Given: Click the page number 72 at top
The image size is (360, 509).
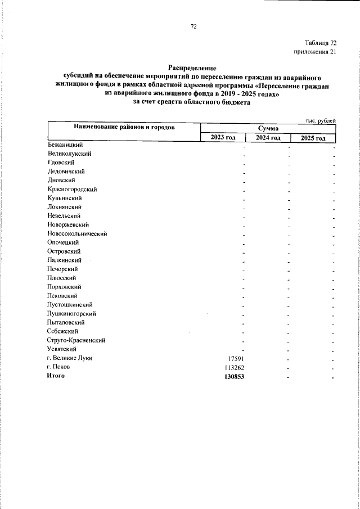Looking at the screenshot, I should (x=193, y=26).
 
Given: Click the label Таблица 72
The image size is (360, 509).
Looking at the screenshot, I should (x=321, y=43).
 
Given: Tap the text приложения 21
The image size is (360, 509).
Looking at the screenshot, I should (x=315, y=52).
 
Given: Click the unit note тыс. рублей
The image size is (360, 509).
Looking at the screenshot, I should (x=321, y=120).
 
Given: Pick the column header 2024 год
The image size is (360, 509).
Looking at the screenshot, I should (x=268, y=138).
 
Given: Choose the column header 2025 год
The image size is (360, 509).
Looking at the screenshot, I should (x=313, y=138).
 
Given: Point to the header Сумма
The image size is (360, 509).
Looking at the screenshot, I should (x=268, y=129).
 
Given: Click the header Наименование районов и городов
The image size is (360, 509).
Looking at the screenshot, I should (x=124, y=128).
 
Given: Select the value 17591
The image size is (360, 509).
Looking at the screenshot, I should (x=235, y=358).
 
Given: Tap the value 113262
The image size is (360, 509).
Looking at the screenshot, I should (x=233, y=367).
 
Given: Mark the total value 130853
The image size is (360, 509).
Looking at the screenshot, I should (x=233, y=376).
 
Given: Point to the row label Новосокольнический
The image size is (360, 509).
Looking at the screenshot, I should (x=77, y=233).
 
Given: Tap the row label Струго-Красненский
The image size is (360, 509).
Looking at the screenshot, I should (x=76, y=340).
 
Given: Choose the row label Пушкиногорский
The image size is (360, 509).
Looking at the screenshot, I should (x=71, y=313).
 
